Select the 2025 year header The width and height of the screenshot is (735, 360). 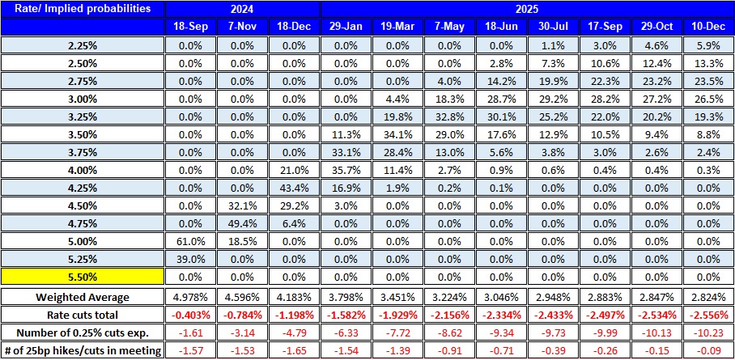point(526,9)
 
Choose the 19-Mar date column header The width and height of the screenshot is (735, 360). point(397,27)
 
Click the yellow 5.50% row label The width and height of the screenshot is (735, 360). point(83,276)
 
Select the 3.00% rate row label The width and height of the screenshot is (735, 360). point(83,98)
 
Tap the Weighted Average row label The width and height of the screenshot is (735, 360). point(83,296)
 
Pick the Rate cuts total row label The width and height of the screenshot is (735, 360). point(83,314)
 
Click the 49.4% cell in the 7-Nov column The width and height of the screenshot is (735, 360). point(242,222)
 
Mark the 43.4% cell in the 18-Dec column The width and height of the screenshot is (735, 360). point(293,187)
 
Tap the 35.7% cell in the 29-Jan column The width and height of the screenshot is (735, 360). point(346,169)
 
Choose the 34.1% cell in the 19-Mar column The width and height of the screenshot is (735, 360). point(397,133)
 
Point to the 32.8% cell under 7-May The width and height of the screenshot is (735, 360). point(449,116)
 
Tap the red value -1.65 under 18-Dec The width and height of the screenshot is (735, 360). point(293,349)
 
